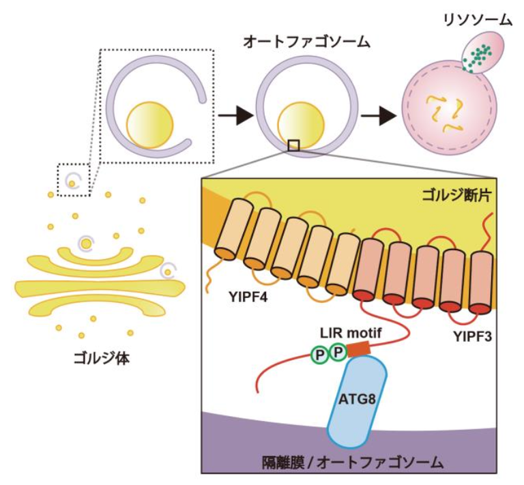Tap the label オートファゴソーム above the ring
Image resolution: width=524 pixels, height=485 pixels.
306,42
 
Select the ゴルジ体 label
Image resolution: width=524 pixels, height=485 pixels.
104,357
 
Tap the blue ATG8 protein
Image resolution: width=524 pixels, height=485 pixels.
357,399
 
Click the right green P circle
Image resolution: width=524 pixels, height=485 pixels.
338,353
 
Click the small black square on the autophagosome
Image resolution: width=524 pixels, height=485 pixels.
294,144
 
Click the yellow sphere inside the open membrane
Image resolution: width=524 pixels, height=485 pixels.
149,125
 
